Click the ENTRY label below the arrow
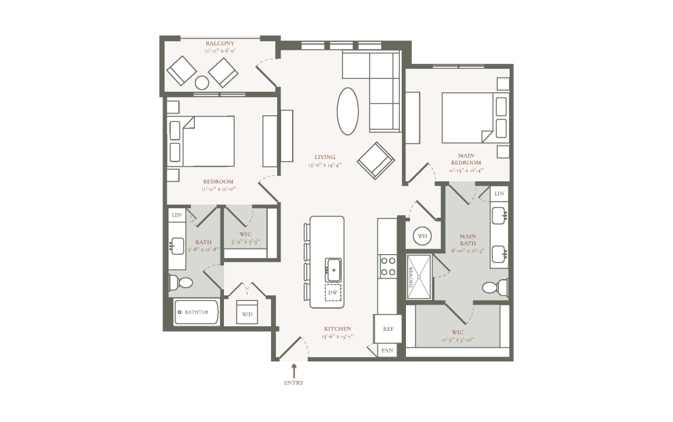click(294, 383)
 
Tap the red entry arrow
click(294, 369)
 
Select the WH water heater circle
click(421, 236)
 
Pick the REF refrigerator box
click(388, 329)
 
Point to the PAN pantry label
click(388, 351)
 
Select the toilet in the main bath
click(494, 288)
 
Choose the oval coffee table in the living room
click(349, 111)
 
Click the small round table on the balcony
click(202, 82)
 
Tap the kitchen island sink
click(333, 270)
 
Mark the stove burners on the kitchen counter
click(388, 266)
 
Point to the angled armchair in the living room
click(376, 161)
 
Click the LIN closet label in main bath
click(499, 193)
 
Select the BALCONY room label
click(220, 43)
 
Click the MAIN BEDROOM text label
click(466, 159)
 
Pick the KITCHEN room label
click(336, 329)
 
